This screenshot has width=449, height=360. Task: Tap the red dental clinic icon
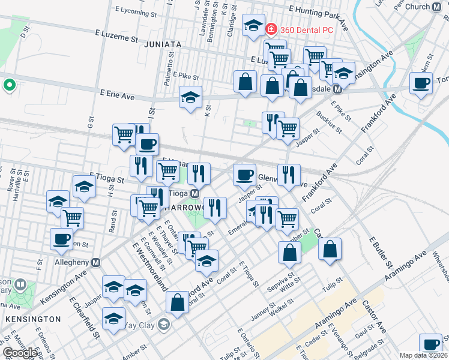coord(271,29)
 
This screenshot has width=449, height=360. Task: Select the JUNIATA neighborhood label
coord(163,44)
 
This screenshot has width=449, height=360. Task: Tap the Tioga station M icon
coord(195,194)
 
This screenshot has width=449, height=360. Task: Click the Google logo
coord(20,352)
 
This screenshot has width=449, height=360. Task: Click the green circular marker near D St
coord(9,85)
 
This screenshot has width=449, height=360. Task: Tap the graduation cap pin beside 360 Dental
coord(253,26)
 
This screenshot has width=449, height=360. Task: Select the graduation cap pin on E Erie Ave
coord(191,98)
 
